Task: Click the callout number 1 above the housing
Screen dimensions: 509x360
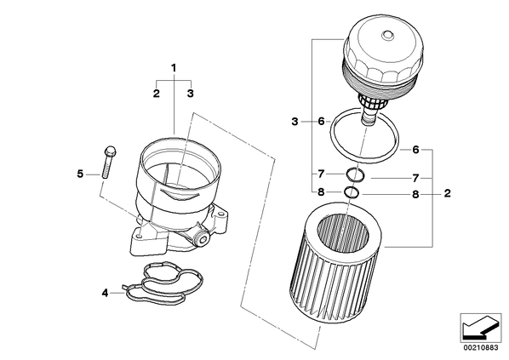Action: pyautogui.click(x=174, y=68)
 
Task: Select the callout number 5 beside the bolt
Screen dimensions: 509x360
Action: pyautogui.click(x=80, y=174)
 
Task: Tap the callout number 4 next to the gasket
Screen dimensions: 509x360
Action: pyautogui.click(x=105, y=293)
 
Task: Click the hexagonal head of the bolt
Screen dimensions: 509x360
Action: pyautogui.click(x=110, y=151)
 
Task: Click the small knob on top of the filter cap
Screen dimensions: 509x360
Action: pyautogui.click(x=387, y=36)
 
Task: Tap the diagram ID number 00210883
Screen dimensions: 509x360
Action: pyautogui.click(x=480, y=348)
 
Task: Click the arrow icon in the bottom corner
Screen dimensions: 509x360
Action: pyautogui.click(x=480, y=328)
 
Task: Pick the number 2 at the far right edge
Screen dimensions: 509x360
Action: pyautogui.click(x=448, y=193)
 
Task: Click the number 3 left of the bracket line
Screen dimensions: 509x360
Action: pyautogui.click(x=295, y=122)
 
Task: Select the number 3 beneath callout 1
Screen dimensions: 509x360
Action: pyautogui.click(x=190, y=94)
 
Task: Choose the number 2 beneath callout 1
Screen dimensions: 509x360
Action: pyautogui.click(x=157, y=94)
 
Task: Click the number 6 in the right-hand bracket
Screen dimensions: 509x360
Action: pyautogui.click(x=415, y=150)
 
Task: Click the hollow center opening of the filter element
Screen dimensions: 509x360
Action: pyautogui.click(x=343, y=232)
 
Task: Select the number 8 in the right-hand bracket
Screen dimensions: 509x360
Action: pyautogui.click(x=415, y=195)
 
